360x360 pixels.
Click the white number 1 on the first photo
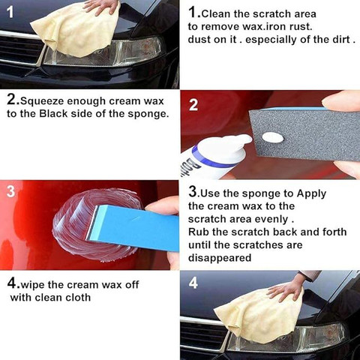(10, 12)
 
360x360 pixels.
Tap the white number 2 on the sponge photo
(193, 105)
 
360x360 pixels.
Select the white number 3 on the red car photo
(10, 191)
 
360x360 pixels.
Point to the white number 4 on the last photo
(193, 283)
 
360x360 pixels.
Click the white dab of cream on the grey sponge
(273, 137)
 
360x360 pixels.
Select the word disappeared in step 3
(220, 258)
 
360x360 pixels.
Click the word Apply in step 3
(311, 194)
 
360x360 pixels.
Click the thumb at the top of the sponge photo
(341, 102)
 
